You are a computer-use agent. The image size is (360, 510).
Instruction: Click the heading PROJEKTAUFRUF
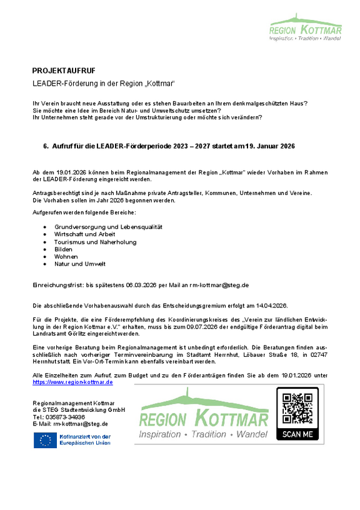pos(64,70)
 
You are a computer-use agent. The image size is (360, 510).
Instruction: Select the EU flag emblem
pos(44,440)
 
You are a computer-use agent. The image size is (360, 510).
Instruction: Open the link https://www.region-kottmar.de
pos(72,381)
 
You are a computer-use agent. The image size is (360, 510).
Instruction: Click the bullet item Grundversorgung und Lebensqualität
pos(108,226)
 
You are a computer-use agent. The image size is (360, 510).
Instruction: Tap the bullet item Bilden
pos(64,249)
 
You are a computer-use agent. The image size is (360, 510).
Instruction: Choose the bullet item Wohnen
pos(66,256)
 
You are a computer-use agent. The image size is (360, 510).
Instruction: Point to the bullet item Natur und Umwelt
pos(80,264)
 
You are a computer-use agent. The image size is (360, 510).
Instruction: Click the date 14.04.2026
pos(271,306)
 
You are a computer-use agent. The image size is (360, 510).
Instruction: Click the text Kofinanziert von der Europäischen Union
pos(85,439)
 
